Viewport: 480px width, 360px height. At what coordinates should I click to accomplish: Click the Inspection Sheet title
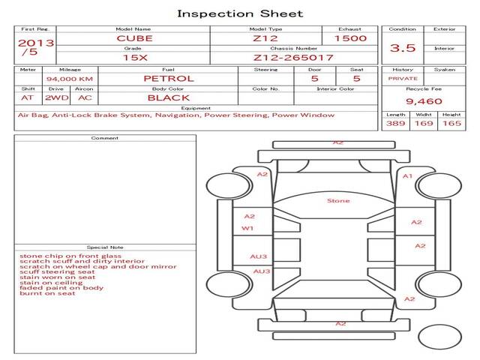(240, 13)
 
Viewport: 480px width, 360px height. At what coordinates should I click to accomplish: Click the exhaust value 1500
(350, 37)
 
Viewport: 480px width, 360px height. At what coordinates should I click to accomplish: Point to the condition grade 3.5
(403, 48)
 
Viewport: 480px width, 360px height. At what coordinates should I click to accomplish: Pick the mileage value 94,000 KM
(69, 79)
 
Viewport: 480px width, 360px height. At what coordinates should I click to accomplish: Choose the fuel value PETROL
(168, 78)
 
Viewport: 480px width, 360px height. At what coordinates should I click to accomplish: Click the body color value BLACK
(168, 97)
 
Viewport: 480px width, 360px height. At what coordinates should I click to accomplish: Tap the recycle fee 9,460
(424, 101)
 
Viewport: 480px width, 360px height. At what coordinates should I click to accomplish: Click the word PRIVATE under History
(403, 78)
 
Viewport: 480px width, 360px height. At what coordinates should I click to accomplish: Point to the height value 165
(451, 123)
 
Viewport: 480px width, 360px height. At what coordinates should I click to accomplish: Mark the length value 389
(395, 123)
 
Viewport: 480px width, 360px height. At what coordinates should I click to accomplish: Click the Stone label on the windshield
(338, 200)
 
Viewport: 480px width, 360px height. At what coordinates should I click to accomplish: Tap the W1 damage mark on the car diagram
(247, 228)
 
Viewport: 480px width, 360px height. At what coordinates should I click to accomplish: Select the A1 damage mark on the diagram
(408, 175)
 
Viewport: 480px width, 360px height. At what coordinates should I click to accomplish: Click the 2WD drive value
(54, 97)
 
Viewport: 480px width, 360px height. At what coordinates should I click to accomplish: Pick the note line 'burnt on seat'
(47, 293)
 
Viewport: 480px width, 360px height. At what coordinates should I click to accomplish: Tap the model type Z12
(265, 37)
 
